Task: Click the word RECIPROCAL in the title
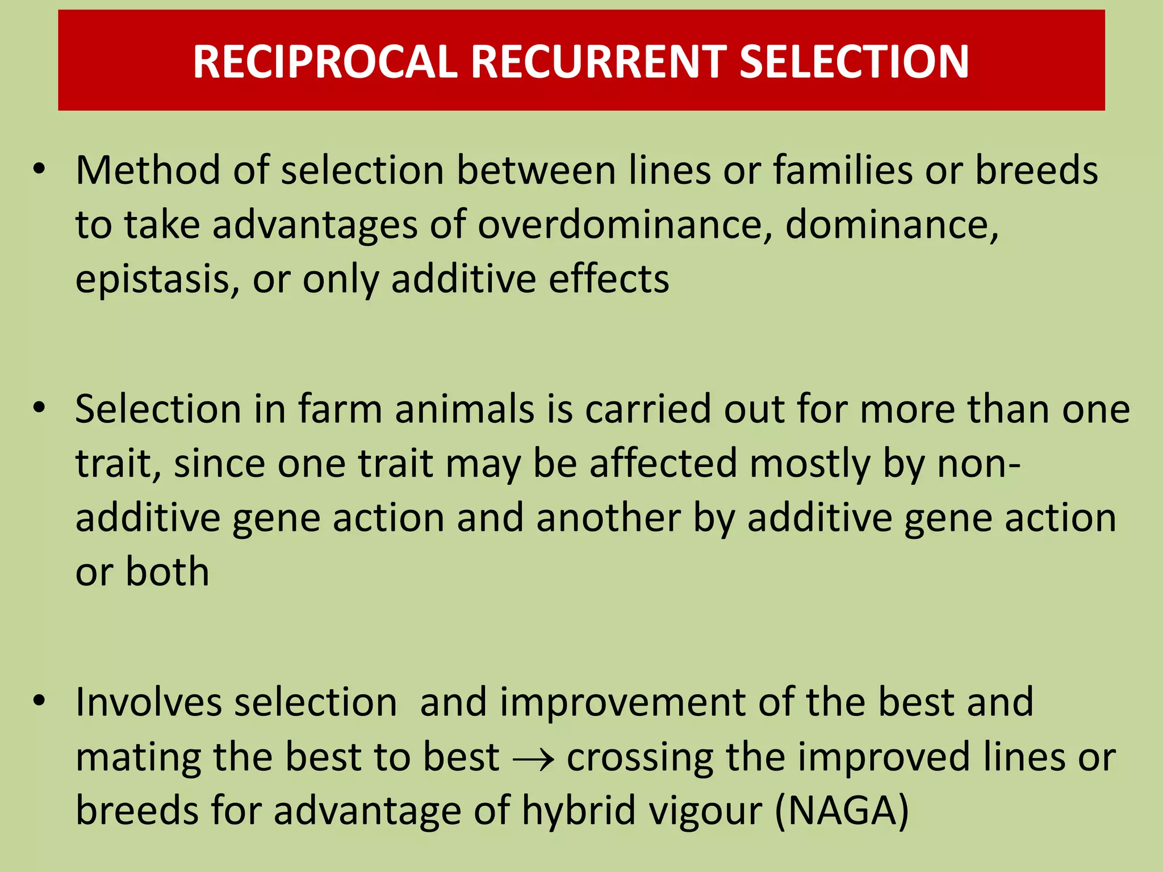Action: (325, 61)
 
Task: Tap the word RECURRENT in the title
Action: (599, 61)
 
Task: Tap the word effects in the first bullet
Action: (609, 279)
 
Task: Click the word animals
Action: (465, 409)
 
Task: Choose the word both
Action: (167, 572)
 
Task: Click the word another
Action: (608, 518)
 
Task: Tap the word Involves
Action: (148, 702)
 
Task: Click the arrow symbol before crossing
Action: (533, 759)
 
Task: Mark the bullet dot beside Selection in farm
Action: (39, 408)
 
